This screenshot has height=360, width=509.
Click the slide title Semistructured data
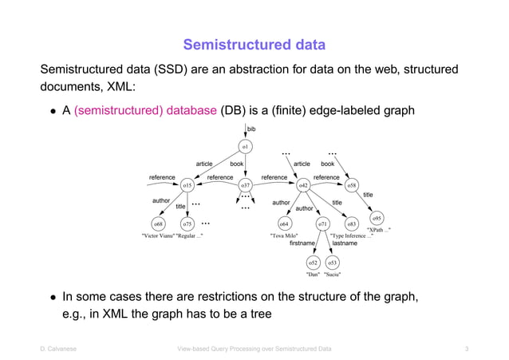coord(254,43)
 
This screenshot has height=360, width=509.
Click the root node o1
coord(247,145)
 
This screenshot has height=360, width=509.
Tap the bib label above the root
coord(251,129)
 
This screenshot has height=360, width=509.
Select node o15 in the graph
coord(187,185)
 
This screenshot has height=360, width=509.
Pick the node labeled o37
coord(247,185)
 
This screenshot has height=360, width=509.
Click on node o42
coord(303,185)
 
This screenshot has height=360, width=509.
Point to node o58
coord(352,185)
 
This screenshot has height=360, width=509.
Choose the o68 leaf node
coord(159,224)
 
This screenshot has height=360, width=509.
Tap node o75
coord(187,224)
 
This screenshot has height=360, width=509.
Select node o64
coord(284,224)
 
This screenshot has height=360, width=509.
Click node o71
coord(322,224)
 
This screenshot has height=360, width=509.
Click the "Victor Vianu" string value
coord(156,236)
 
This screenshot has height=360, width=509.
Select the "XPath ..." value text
coord(378,230)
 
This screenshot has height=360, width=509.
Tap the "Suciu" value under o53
coord(333,274)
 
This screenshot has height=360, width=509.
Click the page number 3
coord(466,349)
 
